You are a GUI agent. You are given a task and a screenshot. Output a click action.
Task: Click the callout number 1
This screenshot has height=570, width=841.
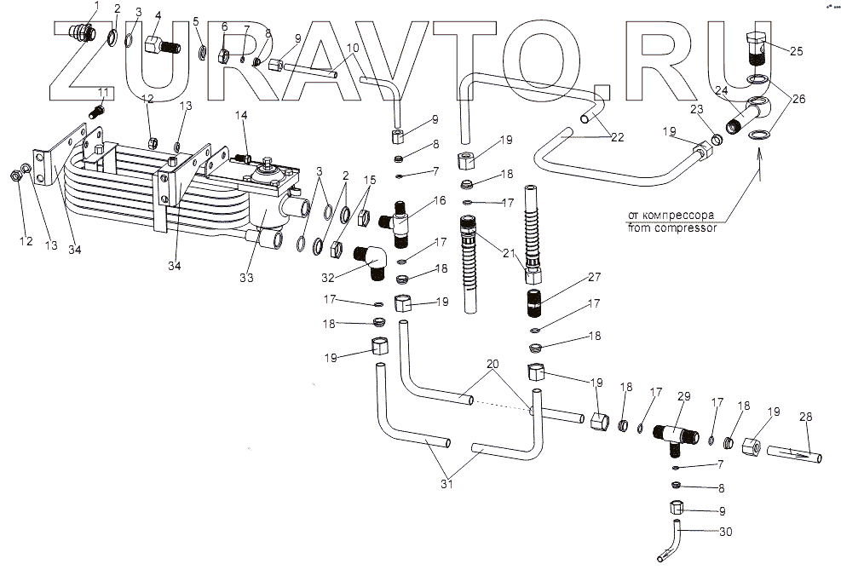96,6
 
